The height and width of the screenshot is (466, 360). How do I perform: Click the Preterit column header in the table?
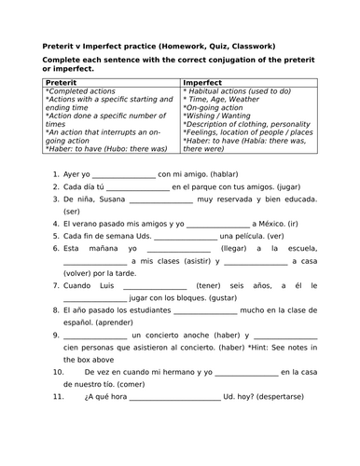62,82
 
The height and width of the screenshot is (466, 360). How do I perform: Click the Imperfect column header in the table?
204,82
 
